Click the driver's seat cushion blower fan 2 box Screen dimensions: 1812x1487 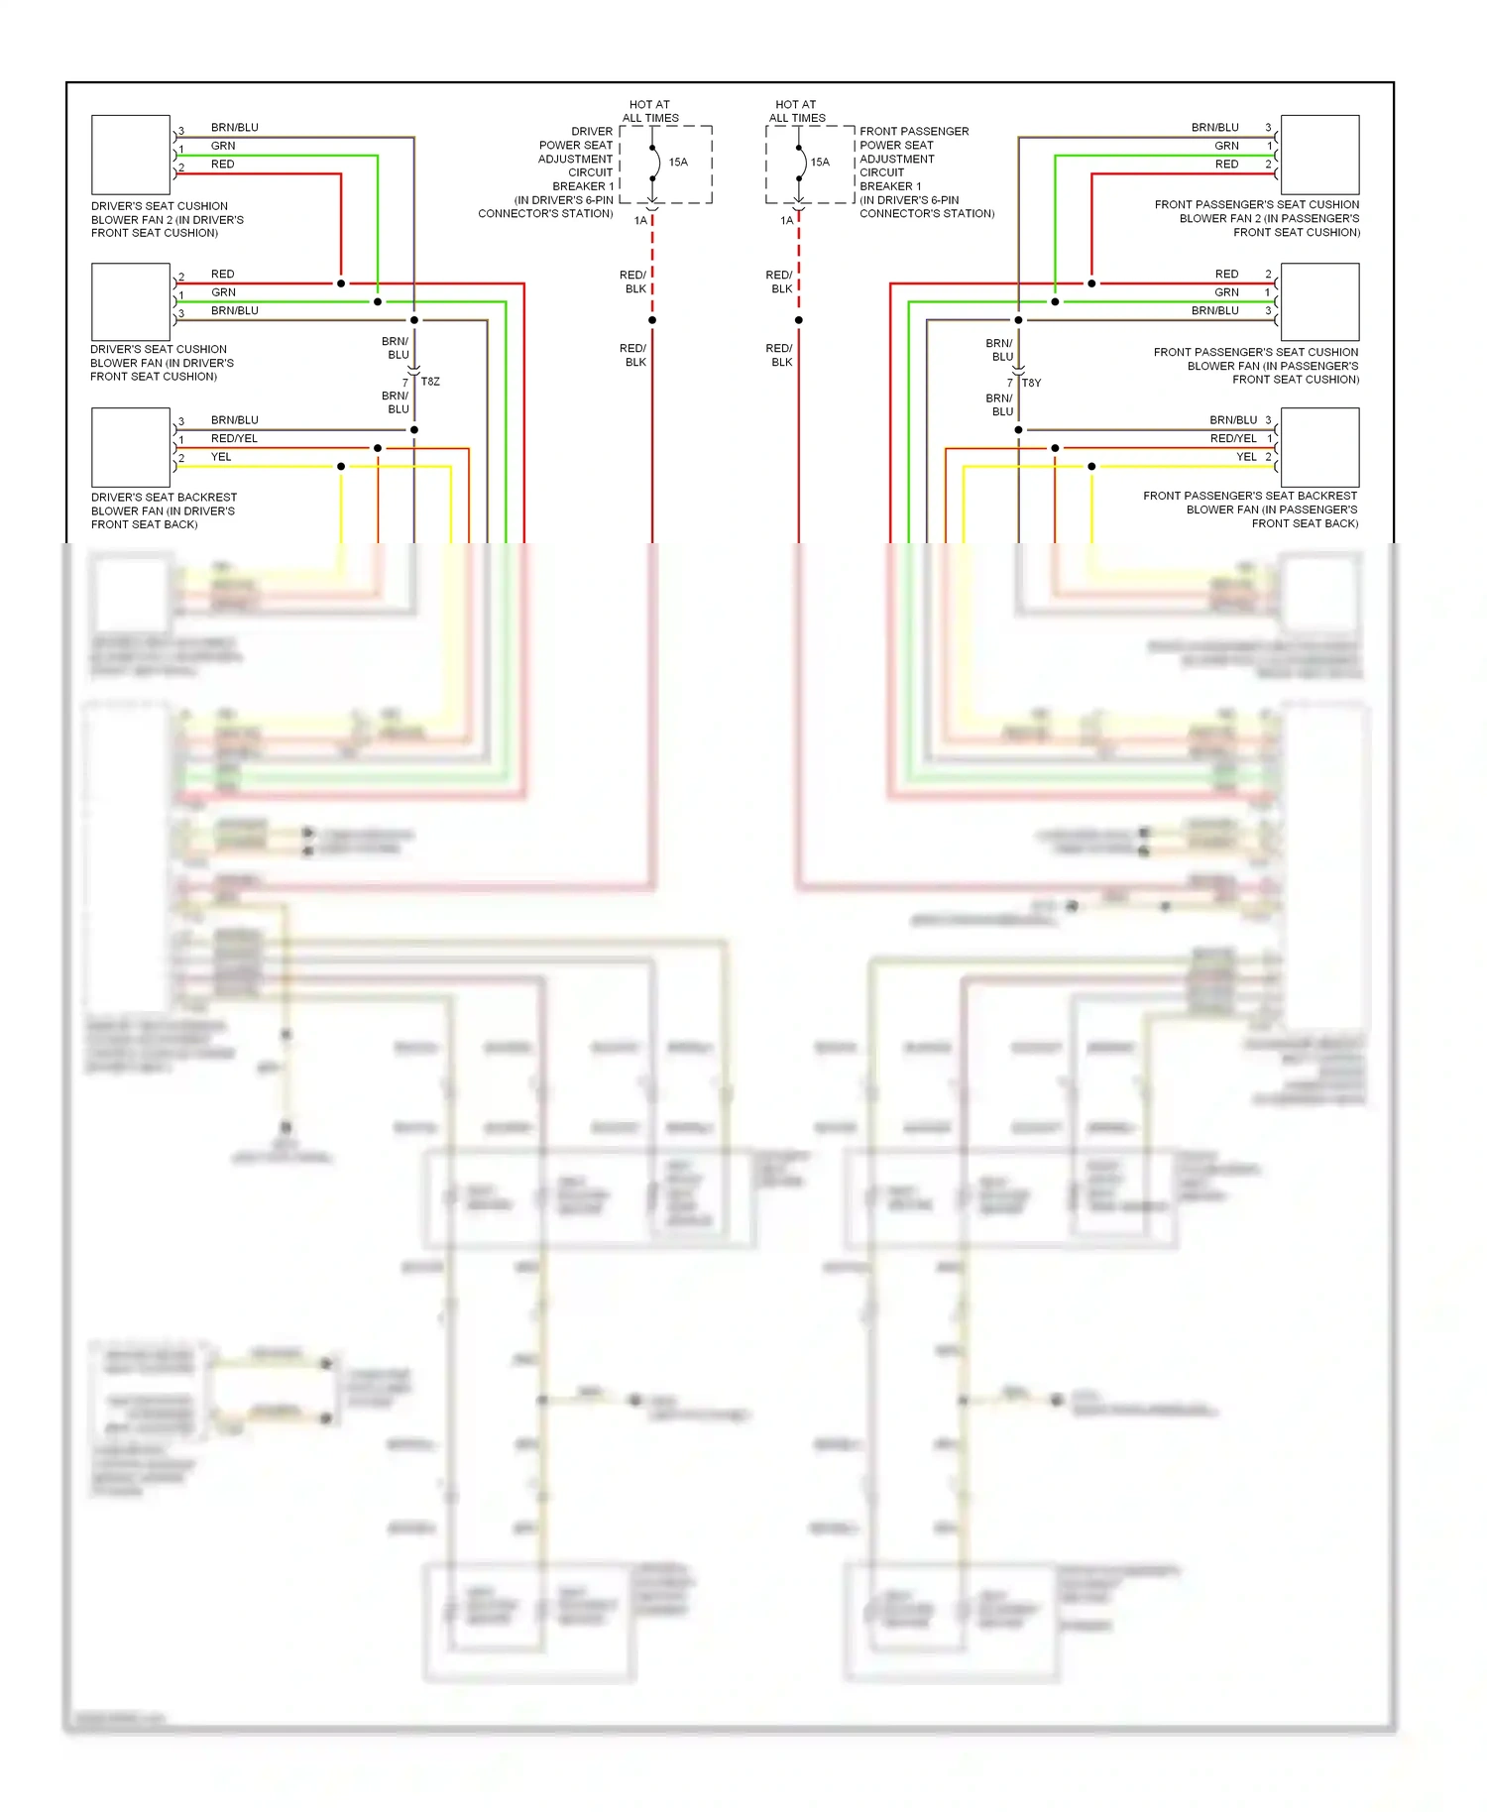[131, 155]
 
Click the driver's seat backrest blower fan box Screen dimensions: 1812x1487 [131, 447]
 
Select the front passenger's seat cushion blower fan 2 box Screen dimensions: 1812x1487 [1319, 155]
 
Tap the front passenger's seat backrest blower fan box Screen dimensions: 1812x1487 [1319, 447]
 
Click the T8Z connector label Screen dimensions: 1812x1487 [430, 382]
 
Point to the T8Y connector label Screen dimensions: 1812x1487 [1032, 383]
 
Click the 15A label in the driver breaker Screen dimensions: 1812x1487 [678, 162]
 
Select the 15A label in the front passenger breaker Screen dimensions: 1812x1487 [820, 162]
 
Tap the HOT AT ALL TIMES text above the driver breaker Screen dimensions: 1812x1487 [650, 111]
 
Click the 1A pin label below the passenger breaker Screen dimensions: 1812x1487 [786, 221]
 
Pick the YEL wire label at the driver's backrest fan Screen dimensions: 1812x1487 [221, 457]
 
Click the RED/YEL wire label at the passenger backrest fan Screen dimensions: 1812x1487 [1233, 438]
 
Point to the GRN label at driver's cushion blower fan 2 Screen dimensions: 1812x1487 [223, 146]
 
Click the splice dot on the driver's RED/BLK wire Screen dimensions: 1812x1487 [652, 320]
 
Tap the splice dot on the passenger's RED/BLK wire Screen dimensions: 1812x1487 [798, 320]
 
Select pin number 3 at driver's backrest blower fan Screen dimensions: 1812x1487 [181, 421]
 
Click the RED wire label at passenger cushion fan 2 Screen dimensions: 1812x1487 [1226, 165]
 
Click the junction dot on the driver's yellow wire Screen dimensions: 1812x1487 [341, 466]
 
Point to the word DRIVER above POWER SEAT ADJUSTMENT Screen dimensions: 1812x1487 [592, 131]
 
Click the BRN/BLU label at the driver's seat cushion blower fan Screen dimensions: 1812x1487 [235, 311]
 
